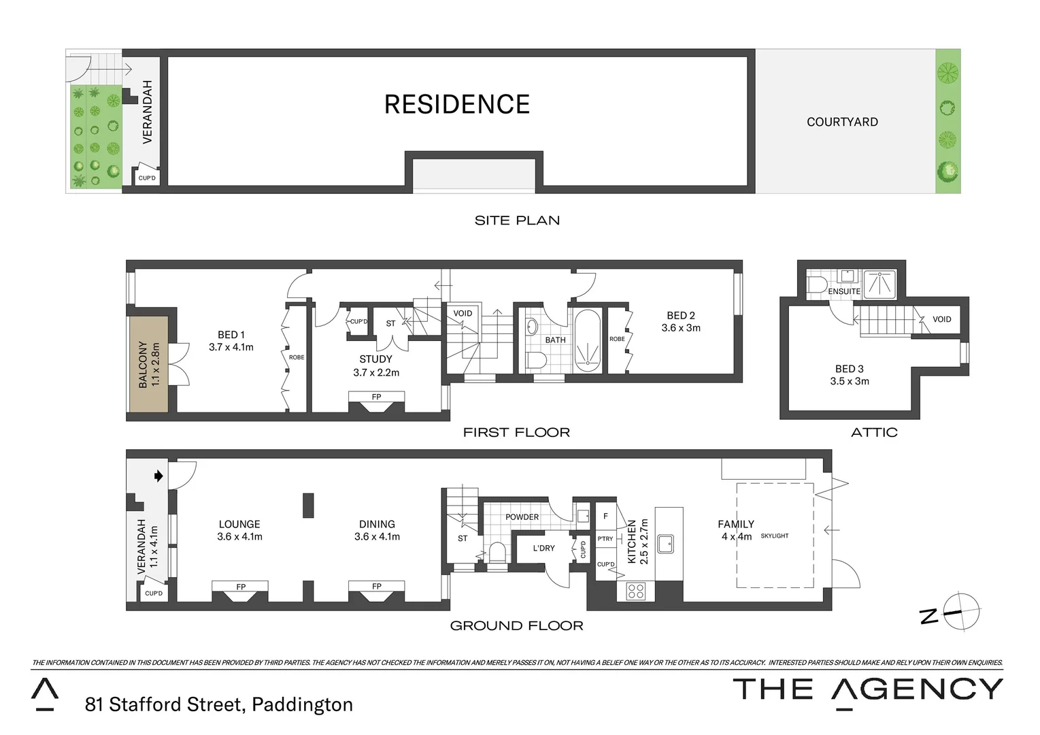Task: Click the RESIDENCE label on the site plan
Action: [456, 104]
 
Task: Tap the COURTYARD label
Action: [841, 122]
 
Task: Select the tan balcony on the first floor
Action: [149, 364]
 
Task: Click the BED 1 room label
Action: [231, 335]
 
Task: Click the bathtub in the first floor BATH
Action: [587, 341]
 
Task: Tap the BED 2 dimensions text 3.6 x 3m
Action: [680, 328]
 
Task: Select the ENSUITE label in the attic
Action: [843, 291]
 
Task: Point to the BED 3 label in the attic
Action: [849, 369]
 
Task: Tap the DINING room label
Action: [377, 524]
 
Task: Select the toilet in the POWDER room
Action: [497, 553]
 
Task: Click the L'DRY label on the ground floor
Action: [543, 548]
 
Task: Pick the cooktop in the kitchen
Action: [635, 591]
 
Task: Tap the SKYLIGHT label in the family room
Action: [774, 536]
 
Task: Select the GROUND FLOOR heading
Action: [516, 625]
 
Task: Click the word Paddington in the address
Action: [302, 704]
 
